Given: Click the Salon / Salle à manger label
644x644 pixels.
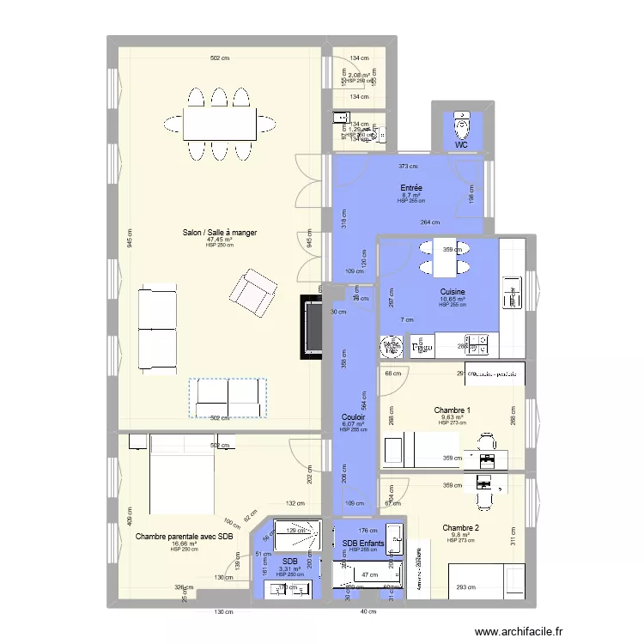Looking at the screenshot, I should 219,232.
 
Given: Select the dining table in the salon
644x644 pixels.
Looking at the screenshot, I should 219,123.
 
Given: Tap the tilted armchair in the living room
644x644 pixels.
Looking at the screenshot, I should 252,289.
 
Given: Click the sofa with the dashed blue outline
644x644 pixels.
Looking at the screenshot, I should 228,398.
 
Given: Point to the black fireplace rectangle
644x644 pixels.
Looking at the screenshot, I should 311,327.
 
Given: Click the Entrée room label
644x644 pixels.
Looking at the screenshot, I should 411,187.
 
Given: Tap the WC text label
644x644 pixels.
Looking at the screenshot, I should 462,145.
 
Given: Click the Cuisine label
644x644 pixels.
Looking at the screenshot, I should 452,292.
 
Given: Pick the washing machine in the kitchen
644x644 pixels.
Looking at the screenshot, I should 392,346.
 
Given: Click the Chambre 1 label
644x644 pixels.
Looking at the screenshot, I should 452,410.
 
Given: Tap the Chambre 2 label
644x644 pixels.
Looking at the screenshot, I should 461,528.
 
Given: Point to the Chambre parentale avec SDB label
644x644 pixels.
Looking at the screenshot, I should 184,537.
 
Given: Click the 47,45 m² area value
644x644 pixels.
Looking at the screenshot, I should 219,240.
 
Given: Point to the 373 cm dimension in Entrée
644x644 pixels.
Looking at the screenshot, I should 408,167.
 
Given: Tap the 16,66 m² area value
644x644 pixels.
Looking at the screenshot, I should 184,544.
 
